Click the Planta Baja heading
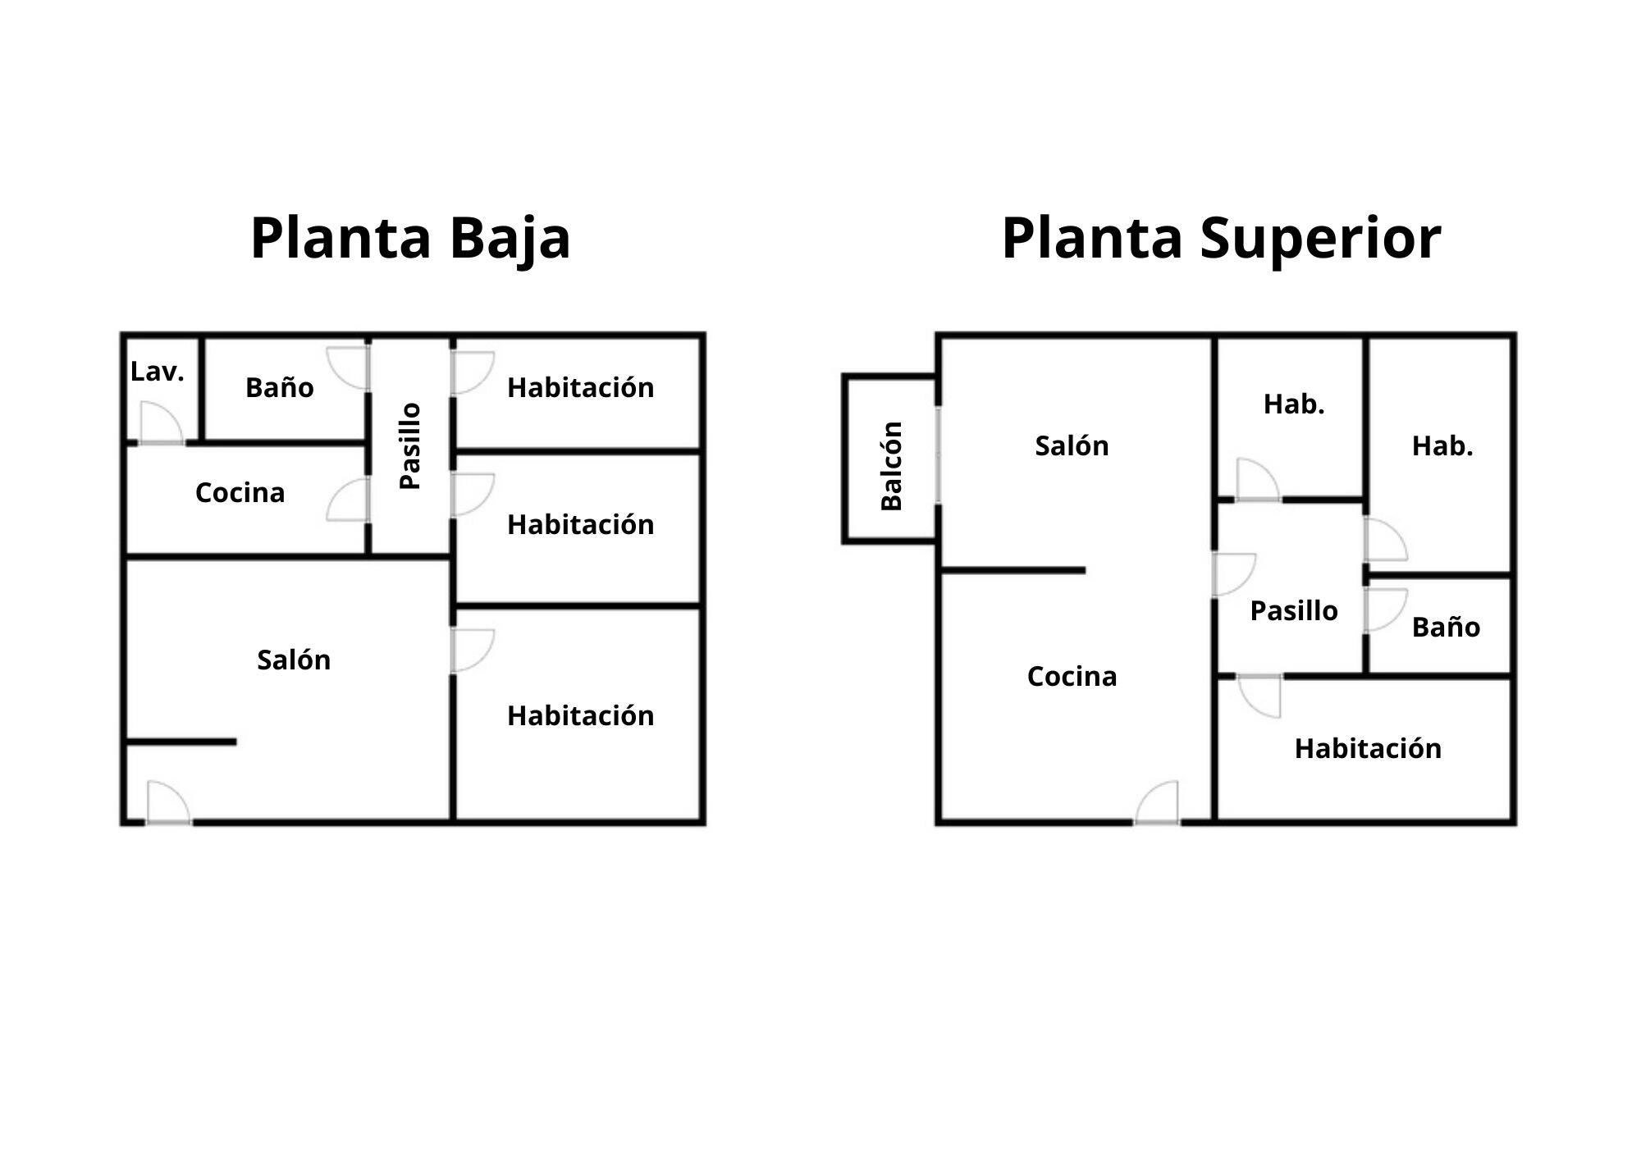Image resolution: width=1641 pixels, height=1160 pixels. pos(410,239)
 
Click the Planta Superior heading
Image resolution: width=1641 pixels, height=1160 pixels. pos(1221,239)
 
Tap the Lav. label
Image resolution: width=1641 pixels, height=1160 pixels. pos(157,372)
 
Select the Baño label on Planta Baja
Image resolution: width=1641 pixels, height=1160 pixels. pos(279,387)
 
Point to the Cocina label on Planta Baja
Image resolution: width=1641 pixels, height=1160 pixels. pos(240,492)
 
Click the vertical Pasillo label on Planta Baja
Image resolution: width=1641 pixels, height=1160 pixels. pos(409,445)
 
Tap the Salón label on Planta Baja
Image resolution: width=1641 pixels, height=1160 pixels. pos(294,660)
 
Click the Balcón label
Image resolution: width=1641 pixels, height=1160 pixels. pos(891,465)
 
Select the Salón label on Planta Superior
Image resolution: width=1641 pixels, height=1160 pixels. pos(1072,445)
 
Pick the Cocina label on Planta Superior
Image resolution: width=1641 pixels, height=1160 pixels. pos(1072,676)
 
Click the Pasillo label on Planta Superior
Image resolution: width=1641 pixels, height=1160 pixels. pos(1294,610)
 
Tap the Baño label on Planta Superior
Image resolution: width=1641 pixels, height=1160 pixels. pos(1446,627)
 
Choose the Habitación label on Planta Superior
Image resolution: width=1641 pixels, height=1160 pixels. pos(1368,748)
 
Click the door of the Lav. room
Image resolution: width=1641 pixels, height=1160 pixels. pos(161,423)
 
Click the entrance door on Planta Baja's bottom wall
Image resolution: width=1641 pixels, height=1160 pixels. pos(169,802)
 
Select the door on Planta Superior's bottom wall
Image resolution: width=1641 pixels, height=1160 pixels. pos(1157,802)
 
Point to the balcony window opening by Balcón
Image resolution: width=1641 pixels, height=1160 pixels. pos(938,455)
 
